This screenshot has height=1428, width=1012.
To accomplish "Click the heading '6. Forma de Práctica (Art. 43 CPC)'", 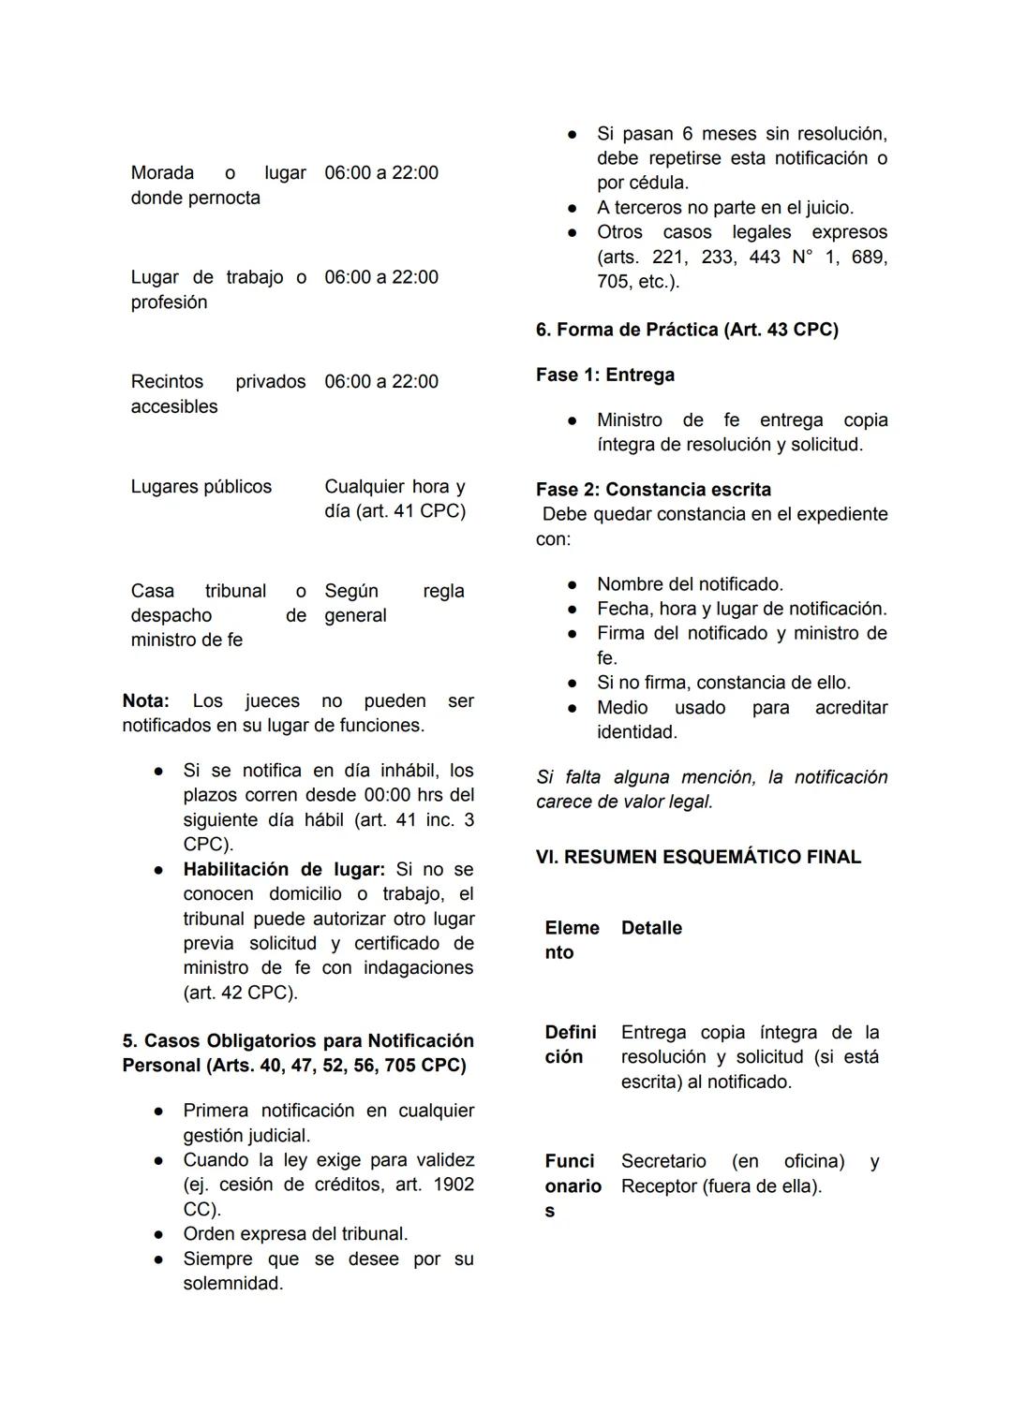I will click(x=687, y=330).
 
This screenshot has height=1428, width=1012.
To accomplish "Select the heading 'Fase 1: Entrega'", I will click(x=605, y=375).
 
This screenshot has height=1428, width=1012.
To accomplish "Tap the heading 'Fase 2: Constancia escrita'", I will click(x=653, y=490).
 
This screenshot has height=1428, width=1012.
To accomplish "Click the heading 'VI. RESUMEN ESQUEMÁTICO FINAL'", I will click(x=698, y=857).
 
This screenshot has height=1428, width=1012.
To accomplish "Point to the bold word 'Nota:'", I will click(x=145, y=701).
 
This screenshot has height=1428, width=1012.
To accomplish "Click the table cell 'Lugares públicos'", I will click(x=201, y=487).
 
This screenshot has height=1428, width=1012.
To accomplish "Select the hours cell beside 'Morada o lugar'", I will click(x=381, y=173).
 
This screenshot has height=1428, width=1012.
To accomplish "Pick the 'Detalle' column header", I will click(x=651, y=928).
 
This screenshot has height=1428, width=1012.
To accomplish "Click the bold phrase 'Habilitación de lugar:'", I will click(x=284, y=870).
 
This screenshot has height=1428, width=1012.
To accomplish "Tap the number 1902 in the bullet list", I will click(x=454, y=1185).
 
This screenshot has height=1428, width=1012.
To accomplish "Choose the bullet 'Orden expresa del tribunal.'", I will click(x=295, y=1234).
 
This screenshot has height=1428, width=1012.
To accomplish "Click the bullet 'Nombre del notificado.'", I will click(x=690, y=584).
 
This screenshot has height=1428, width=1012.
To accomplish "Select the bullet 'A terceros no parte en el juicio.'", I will click(x=725, y=208).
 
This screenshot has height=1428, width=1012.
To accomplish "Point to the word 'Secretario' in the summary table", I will click(x=663, y=1162).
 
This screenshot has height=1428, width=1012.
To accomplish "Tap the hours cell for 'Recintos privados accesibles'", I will click(x=381, y=382).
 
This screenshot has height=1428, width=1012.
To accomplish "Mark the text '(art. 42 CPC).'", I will click(x=241, y=993).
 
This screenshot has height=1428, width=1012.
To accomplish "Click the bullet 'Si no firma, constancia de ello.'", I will click(x=723, y=683).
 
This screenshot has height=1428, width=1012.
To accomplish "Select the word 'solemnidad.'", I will click(x=233, y=1284).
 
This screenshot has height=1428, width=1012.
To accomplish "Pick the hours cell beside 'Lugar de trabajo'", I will click(x=381, y=278).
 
